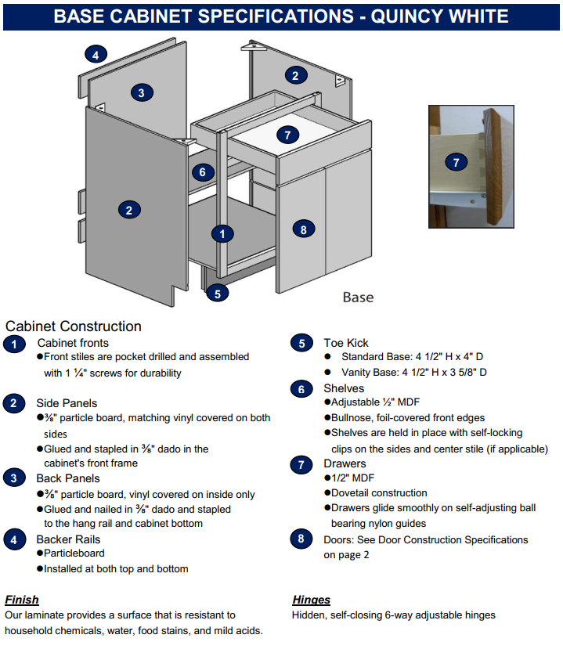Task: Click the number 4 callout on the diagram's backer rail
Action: click(96, 55)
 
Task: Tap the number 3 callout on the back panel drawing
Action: click(141, 92)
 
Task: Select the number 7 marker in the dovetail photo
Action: click(456, 163)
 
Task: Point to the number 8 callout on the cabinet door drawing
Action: click(303, 229)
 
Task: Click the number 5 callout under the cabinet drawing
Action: click(217, 293)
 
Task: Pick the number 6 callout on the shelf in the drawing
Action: click(202, 172)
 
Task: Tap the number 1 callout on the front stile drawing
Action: click(223, 233)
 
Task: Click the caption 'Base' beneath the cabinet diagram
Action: click(358, 297)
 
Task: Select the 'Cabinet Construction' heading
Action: click(74, 326)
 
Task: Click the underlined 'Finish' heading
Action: click(21, 600)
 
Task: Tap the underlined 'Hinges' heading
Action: click(311, 600)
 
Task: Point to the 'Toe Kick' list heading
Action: click(345, 343)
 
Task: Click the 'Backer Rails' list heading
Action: click(68, 539)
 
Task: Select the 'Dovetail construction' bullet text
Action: click(378, 493)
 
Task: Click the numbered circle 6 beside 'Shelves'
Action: click(301, 389)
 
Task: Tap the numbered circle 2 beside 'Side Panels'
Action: click(14, 404)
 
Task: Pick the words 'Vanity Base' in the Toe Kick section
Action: click(367, 373)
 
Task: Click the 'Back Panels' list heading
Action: click(68, 478)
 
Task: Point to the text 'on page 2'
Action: click(345, 554)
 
